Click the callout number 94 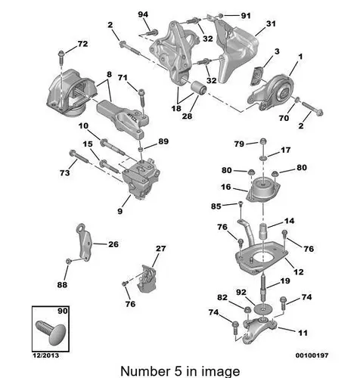click(x=143, y=14)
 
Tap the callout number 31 click(x=271, y=23)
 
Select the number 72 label click(x=82, y=44)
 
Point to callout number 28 click(x=187, y=116)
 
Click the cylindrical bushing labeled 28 click(x=198, y=88)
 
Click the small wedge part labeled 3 click(x=257, y=76)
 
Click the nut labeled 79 click(x=263, y=141)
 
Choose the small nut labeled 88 click(x=68, y=261)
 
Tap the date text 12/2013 click(x=45, y=355)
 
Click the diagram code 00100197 click(x=312, y=355)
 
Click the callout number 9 click(x=120, y=211)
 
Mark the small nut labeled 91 click(x=220, y=16)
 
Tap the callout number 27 click(x=160, y=249)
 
